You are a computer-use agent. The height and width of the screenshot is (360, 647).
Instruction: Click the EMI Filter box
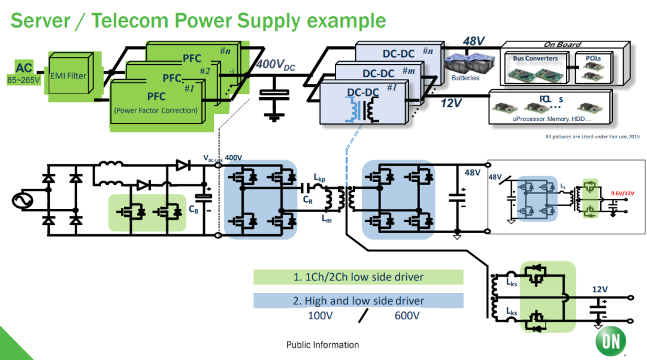69,76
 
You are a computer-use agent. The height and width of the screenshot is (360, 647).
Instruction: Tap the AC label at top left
24,68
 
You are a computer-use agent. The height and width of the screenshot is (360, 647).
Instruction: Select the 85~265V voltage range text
24,79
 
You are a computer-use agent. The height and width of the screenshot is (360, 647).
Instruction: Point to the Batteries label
465,78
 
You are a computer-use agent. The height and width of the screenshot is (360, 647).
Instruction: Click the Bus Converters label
535,59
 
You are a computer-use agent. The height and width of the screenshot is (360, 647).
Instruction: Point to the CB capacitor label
194,209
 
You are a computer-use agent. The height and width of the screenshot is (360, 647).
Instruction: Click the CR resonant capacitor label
307,199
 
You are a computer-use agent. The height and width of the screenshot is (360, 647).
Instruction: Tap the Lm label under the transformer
326,220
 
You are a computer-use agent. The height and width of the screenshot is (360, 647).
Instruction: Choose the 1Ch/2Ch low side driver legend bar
358,277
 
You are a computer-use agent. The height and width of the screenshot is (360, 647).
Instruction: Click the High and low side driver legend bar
358,301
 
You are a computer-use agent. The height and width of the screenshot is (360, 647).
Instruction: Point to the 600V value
407,315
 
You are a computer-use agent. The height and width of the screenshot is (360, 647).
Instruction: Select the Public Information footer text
322,345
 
